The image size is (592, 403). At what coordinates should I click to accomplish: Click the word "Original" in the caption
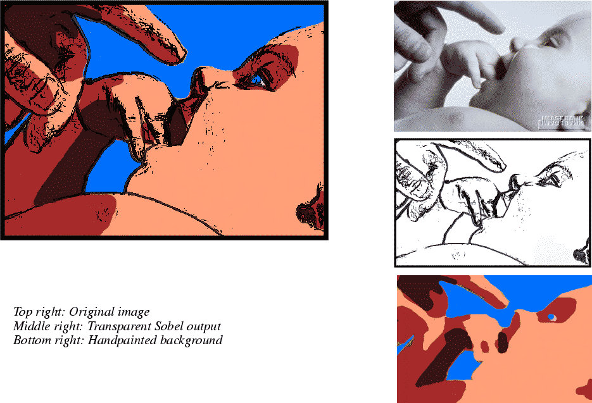[91, 312]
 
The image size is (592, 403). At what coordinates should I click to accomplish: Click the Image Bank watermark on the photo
[562, 121]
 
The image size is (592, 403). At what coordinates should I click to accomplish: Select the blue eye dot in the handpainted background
[551, 316]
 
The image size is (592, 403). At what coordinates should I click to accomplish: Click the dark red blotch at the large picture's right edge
[310, 211]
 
